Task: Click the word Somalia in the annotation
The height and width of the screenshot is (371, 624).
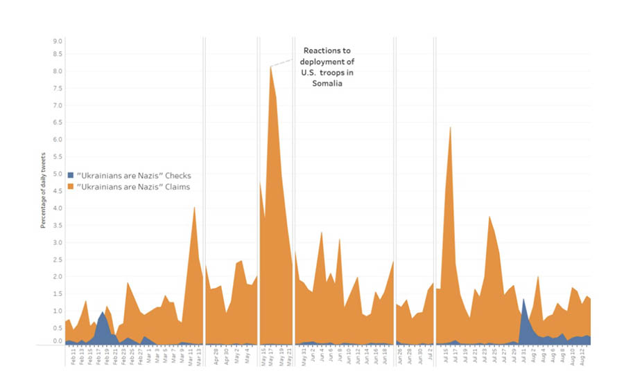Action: (x=327, y=83)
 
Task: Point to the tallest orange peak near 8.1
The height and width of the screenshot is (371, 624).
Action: (x=270, y=67)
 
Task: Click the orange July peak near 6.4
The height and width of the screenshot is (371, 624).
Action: (x=451, y=128)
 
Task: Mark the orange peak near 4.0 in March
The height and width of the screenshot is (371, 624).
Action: (x=194, y=208)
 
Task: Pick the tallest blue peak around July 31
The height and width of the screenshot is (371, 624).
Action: (x=523, y=300)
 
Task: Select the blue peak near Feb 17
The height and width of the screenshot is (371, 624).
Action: (x=103, y=313)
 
